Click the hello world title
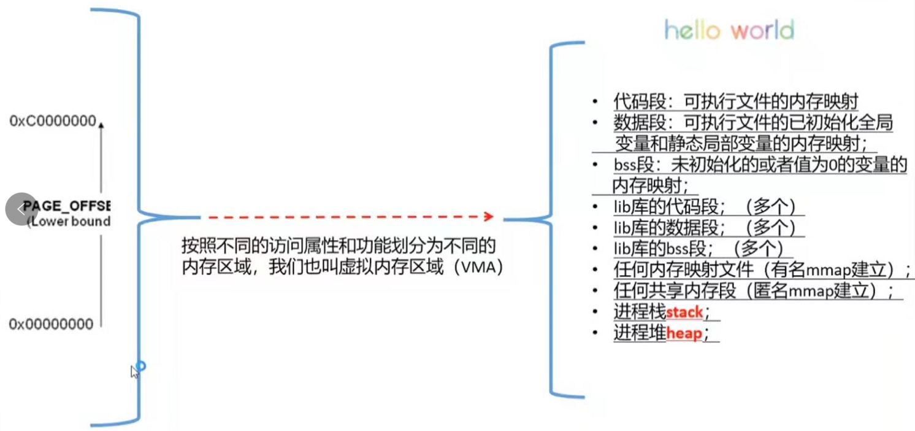coord(729,29)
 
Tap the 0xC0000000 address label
coord(53,122)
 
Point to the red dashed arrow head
coord(488,216)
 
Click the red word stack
coord(684,313)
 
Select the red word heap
coord(683,334)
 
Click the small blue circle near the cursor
coord(140,367)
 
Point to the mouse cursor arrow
coord(134,371)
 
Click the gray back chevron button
coord(21,209)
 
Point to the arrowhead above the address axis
coord(101,125)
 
